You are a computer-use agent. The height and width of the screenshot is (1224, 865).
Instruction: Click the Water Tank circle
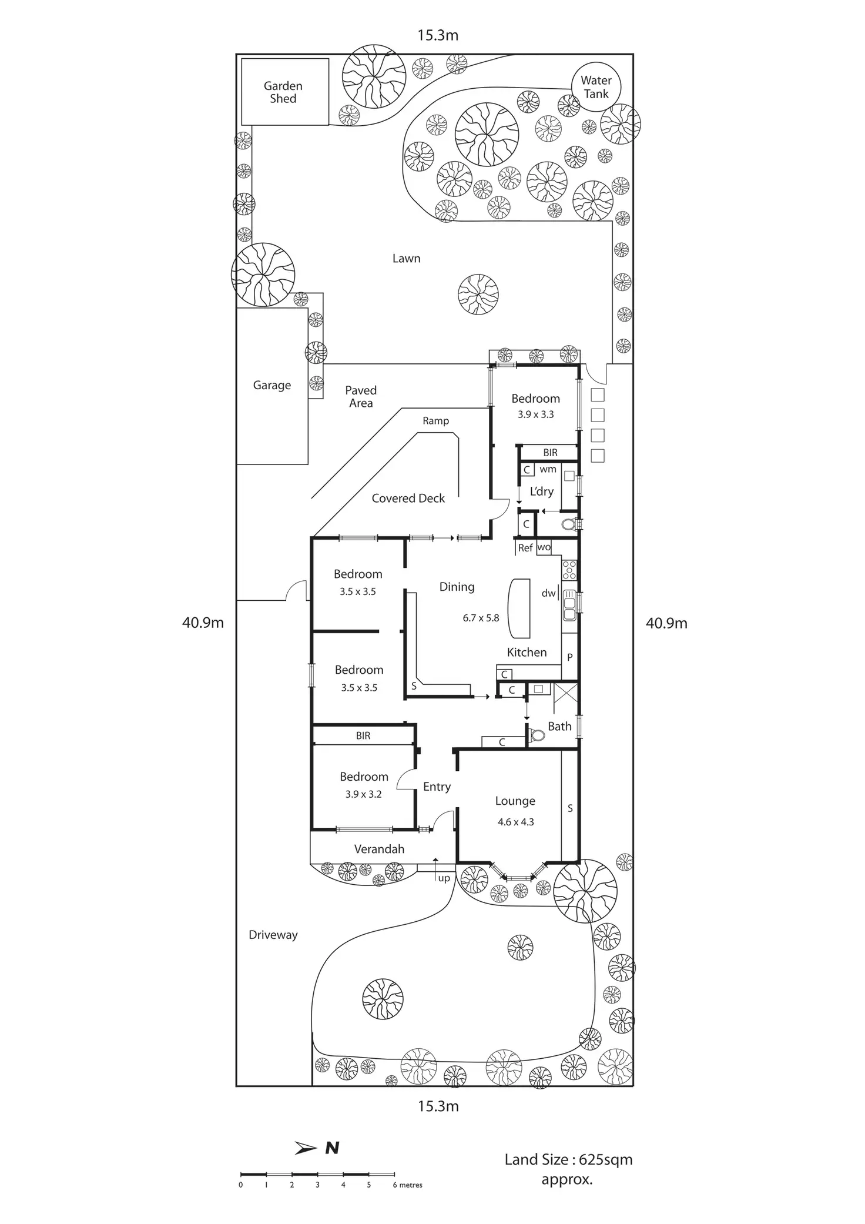tap(596, 87)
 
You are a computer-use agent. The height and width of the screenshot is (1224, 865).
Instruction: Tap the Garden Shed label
tap(283, 92)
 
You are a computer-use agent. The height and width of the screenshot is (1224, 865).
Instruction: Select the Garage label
tap(271, 385)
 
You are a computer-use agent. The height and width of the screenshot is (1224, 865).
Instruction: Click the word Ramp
tap(435, 420)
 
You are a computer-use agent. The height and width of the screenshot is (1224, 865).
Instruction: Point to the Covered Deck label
tap(408, 498)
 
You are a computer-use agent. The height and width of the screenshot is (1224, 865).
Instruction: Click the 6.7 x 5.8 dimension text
tap(481, 617)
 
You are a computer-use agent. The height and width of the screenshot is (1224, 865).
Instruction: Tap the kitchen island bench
tap(519, 608)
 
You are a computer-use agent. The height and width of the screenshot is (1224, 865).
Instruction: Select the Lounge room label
tap(515, 801)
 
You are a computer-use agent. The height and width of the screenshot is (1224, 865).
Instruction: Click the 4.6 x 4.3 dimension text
tap(515, 822)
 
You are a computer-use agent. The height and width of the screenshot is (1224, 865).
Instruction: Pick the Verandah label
tap(379, 849)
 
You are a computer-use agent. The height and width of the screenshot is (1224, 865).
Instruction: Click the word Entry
tap(437, 787)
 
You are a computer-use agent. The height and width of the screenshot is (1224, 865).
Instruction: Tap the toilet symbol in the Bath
tap(537, 734)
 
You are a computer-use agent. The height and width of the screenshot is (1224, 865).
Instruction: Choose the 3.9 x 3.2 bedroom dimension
tap(363, 794)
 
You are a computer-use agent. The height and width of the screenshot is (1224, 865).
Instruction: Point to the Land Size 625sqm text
tap(568, 1159)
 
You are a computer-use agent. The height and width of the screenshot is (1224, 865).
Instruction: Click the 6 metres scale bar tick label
tap(407, 1185)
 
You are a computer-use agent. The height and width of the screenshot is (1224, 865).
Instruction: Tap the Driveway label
tap(273, 935)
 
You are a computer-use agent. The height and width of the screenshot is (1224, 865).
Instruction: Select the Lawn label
tap(406, 258)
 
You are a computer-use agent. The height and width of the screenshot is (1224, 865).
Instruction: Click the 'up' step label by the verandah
tap(444, 878)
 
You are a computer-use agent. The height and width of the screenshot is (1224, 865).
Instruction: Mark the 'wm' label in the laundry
tap(548, 469)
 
